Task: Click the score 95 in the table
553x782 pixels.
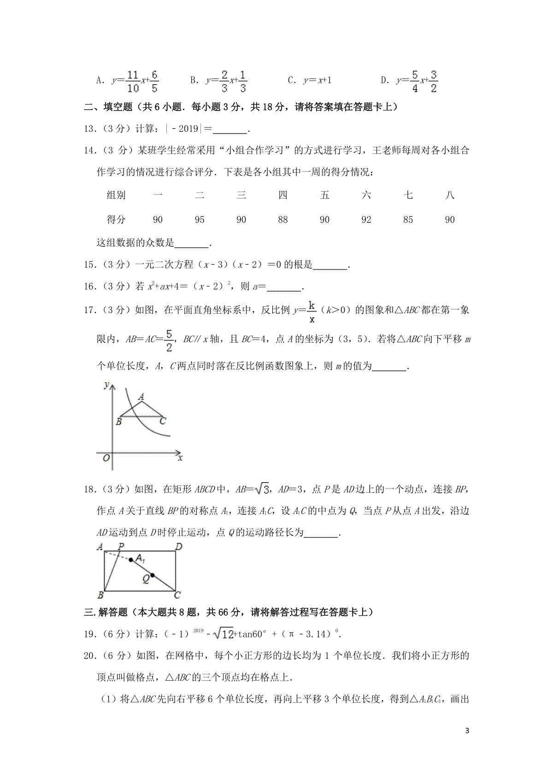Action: pos(199,220)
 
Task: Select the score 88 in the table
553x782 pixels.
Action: pos(283,220)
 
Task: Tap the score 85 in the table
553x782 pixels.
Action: pos(408,220)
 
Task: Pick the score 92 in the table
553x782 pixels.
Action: pos(366,220)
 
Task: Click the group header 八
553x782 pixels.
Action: pos(450,195)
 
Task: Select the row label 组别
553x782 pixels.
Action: pos(116,195)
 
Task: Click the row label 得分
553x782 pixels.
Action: pos(116,220)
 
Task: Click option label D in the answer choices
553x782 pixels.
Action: pos(385,81)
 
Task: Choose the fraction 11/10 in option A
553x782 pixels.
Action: pos(133,82)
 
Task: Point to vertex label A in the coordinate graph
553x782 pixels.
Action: pos(141,397)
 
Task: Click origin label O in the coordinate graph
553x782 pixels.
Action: pos(106,458)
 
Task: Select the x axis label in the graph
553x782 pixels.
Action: pos(180,458)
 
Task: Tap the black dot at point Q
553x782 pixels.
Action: pos(153,575)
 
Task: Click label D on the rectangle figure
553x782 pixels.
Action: pos(179,547)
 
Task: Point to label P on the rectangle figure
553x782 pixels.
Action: pos(121,547)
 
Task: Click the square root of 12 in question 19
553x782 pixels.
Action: pos(225,634)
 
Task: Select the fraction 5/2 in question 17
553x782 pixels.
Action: pos(169,340)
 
